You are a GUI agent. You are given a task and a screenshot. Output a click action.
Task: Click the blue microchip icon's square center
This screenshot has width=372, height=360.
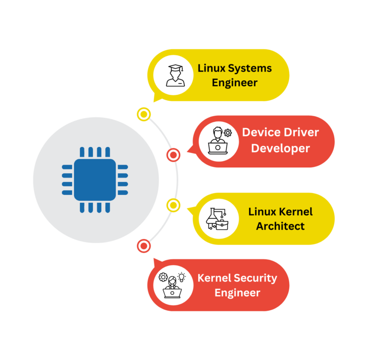pyautogui.click(x=95, y=180)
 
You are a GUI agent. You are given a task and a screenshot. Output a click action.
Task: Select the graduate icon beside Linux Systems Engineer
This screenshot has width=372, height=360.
pyautogui.click(x=173, y=75)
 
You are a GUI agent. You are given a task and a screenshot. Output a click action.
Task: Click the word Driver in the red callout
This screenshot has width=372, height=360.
pyautogui.click(x=301, y=132)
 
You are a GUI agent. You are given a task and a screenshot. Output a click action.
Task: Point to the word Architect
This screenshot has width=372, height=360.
pyautogui.click(x=280, y=226)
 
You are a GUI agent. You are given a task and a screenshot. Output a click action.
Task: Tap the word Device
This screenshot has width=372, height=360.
pyautogui.click(x=262, y=132)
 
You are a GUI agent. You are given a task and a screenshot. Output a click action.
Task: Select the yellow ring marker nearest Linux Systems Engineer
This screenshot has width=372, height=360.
pyautogui.click(x=143, y=114)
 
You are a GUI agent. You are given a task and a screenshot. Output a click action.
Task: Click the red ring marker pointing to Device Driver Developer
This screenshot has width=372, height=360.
pyautogui.click(x=173, y=155)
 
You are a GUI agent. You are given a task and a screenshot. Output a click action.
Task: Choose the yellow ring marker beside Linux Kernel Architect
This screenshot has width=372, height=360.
pyautogui.click(x=173, y=205)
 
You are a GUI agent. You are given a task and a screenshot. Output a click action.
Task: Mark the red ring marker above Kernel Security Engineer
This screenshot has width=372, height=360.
pyautogui.click(x=143, y=246)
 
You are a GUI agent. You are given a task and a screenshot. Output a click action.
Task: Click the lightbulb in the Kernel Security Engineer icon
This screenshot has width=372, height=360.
pyautogui.click(x=182, y=277)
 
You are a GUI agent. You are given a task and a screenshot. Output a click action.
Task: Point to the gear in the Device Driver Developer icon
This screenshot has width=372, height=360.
pyautogui.click(x=227, y=133)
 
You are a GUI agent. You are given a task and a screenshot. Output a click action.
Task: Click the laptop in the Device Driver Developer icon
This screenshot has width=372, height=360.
pyautogui.click(x=217, y=148)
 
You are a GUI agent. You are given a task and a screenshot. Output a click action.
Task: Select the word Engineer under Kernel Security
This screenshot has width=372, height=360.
pyautogui.click(x=237, y=293)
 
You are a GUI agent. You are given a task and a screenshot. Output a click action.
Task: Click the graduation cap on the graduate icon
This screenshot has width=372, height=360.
pyautogui.click(x=173, y=68)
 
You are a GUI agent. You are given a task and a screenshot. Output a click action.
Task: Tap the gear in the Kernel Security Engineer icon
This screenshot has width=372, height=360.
pyautogui.click(x=163, y=277)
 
